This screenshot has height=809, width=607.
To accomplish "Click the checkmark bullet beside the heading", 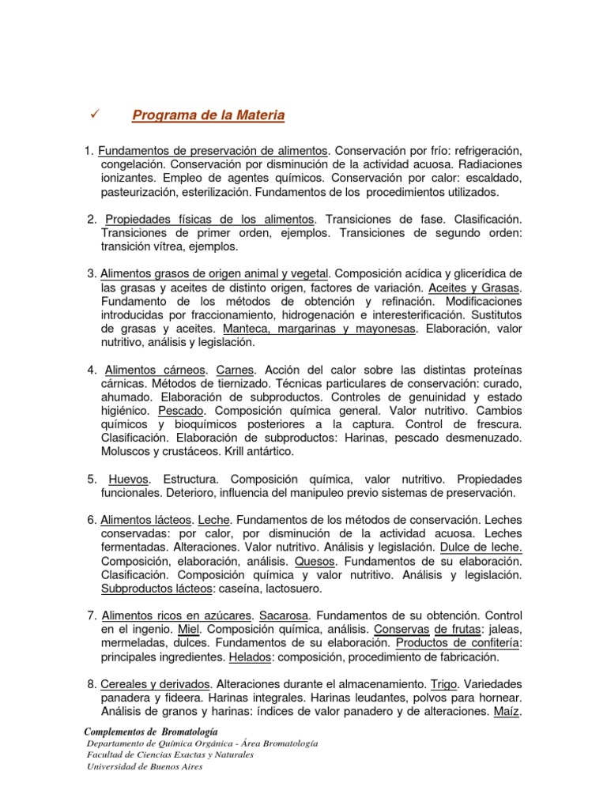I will [x=95, y=115].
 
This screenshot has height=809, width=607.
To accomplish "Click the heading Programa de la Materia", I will [x=209, y=116].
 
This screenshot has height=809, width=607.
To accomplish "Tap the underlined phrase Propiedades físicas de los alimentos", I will [x=210, y=218].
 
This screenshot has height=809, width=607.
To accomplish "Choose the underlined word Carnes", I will [x=236, y=370].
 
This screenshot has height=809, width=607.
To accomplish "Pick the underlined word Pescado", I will [x=183, y=411].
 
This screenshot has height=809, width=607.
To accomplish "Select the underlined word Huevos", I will [x=128, y=479].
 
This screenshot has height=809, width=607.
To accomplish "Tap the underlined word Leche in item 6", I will [x=213, y=520].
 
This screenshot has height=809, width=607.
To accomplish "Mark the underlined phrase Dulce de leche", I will [x=481, y=547].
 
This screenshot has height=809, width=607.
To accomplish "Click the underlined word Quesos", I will [x=315, y=561].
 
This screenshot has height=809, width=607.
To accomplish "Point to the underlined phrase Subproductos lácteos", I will [x=156, y=589].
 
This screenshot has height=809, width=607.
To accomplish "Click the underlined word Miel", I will [x=189, y=629].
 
